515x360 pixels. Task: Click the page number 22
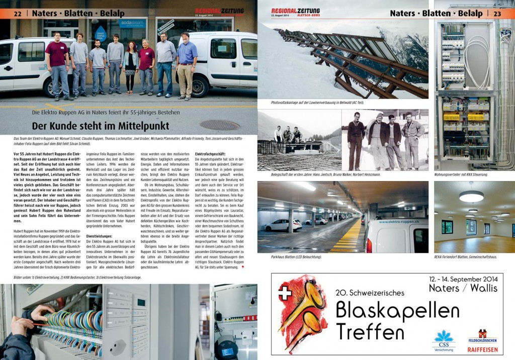tap(17, 13)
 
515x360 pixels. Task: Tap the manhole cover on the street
tap(219, 125)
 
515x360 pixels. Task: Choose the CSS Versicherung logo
tap(443, 340)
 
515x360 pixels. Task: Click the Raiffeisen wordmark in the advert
tap(482, 351)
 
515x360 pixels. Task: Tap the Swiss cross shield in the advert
tap(285, 293)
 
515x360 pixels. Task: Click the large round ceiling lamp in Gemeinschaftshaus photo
tap(471, 196)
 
